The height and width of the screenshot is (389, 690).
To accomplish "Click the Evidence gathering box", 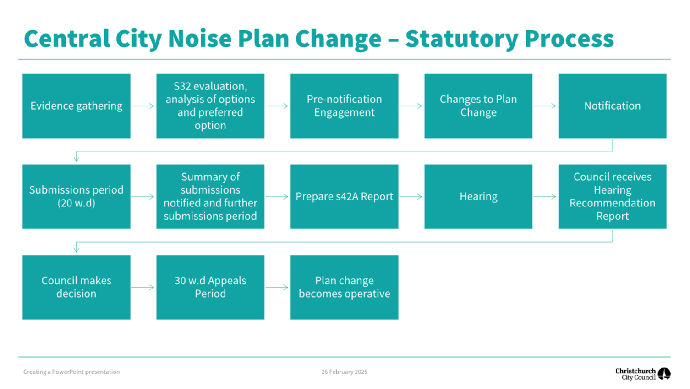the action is pos(77,106).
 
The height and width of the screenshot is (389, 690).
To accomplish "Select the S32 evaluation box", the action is pos(210,106).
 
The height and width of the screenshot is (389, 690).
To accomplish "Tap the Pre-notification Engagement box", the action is pos(345,106).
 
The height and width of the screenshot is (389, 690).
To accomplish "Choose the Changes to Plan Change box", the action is pos(478,106).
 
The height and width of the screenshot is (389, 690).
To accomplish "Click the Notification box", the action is pos(613,106).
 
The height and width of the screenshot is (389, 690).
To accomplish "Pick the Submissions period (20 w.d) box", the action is pos(77,196).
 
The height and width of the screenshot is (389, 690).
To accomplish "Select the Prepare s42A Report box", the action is pos(345,196).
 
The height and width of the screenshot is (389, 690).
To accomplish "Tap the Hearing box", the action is pos(478,196).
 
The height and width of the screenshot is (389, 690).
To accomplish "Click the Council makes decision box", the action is pos(77,287).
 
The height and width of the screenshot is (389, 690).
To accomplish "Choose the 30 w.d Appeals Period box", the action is pos(210,287).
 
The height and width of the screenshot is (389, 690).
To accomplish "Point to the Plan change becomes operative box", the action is pos(345,287).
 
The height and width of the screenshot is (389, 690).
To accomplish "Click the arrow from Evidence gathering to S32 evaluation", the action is pos(143,106).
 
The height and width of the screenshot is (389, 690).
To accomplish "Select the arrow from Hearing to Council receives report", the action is pos(545,196).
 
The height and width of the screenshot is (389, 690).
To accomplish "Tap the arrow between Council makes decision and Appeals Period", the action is pos(143,287).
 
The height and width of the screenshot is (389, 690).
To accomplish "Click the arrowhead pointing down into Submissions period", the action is pos(77,159).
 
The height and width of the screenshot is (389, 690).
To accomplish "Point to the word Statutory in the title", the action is pos(462,39).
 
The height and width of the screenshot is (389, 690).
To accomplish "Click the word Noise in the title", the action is pos(200,39).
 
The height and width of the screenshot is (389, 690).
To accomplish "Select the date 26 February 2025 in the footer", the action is pos(345,372).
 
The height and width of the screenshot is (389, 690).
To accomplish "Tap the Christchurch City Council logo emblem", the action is pos(664,374).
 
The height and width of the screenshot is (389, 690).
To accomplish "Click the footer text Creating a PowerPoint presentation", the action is pos(71,372).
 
